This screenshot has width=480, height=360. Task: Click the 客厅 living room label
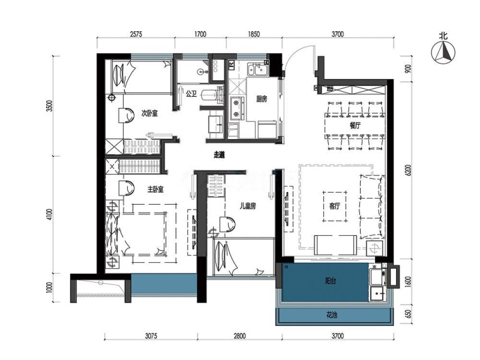(x=334, y=206)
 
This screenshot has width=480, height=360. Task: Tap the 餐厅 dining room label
(x=355, y=125)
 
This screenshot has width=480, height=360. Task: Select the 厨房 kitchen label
(x=262, y=99)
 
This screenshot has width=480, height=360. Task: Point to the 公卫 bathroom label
(x=192, y=94)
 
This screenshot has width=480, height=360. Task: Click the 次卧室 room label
(x=149, y=113)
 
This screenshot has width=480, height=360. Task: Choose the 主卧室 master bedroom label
(x=156, y=190)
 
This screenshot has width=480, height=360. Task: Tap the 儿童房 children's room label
(x=247, y=206)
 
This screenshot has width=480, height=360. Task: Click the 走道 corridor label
(x=219, y=155)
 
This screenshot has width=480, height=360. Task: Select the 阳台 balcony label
(x=331, y=281)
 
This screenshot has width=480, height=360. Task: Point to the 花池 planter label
(x=332, y=315)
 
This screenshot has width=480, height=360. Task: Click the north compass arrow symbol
(x=443, y=52)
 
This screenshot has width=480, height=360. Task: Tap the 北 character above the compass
(x=443, y=36)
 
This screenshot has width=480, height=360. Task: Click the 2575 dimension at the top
(x=136, y=34)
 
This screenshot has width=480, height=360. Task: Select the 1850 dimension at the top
(x=254, y=34)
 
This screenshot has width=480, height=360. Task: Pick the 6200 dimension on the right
(x=408, y=170)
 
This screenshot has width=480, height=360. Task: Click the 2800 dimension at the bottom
(x=240, y=336)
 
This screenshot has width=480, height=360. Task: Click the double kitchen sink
(x=258, y=70)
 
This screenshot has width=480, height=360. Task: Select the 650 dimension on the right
(x=408, y=314)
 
